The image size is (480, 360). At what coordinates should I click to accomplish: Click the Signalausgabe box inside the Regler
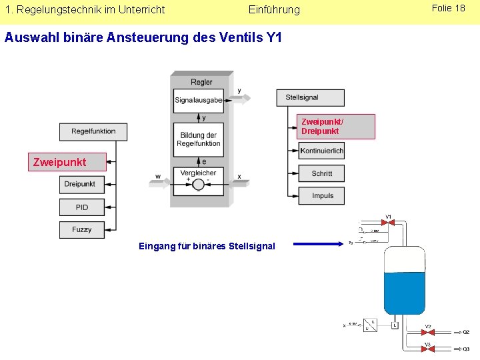point(198,101)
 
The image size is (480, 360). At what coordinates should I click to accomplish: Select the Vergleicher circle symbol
point(198,185)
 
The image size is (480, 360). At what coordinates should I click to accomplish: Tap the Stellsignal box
point(310,97)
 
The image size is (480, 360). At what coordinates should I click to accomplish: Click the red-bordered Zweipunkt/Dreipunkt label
point(336,126)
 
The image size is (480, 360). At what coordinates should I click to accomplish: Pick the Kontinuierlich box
point(321,151)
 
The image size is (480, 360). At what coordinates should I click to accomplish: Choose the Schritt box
point(321,173)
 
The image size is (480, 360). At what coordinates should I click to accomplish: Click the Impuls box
point(321,196)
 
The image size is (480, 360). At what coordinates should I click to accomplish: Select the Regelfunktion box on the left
point(93,131)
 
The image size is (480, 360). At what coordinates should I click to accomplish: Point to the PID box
point(81,207)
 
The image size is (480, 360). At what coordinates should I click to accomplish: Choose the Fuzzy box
point(81,229)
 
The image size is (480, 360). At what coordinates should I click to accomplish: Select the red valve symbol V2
point(428,332)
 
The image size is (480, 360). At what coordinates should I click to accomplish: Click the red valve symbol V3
point(428,349)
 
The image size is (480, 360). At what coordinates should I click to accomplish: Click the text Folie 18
point(449,9)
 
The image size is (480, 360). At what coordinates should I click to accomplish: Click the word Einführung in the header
point(274,10)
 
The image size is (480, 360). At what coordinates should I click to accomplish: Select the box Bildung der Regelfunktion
point(198,139)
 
